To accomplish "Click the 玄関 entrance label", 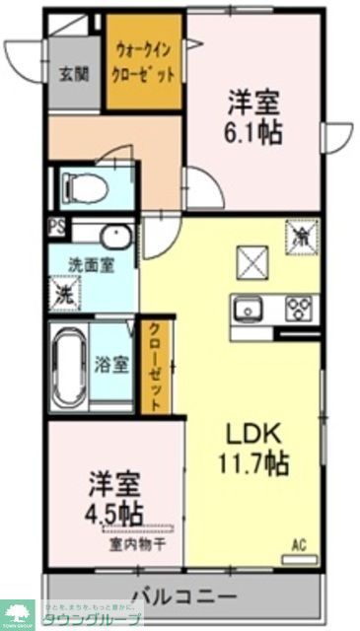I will (73, 73).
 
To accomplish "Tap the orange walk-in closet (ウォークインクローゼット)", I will (145, 62).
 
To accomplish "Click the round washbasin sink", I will (114, 237).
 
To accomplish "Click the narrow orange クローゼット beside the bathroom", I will (155, 366).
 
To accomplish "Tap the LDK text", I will (253, 434).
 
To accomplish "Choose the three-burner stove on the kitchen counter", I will (298, 309).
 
